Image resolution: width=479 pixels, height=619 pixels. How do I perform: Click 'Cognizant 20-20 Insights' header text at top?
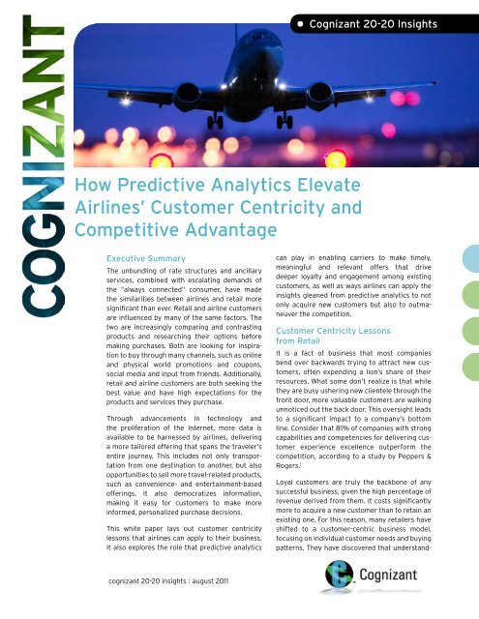click(x=402, y=14)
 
